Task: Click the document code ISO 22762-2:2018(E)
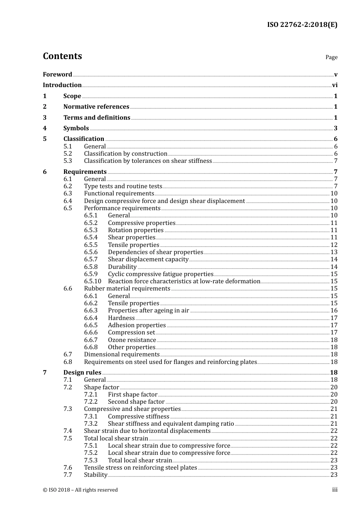click(x=302, y=25)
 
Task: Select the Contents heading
click(x=62, y=56)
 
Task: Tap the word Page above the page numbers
click(x=331, y=57)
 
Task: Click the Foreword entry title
click(x=57, y=75)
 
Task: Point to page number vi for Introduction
click(x=335, y=85)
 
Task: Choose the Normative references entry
click(x=96, y=107)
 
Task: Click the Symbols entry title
click(x=76, y=128)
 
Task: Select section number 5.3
click(x=68, y=161)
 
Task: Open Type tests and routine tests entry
click(x=123, y=186)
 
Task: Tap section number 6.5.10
click(x=92, y=281)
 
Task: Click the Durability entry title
click(x=122, y=267)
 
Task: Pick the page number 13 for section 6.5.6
click(x=334, y=252)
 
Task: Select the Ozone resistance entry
click(x=132, y=340)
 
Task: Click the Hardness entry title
click(x=121, y=318)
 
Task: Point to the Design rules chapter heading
click(x=82, y=373)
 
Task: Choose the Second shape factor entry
click(x=136, y=402)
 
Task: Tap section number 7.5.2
click(x=91, y=453)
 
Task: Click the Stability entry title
click(x=95, y=475)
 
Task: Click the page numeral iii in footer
click(x=335, y=490)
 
